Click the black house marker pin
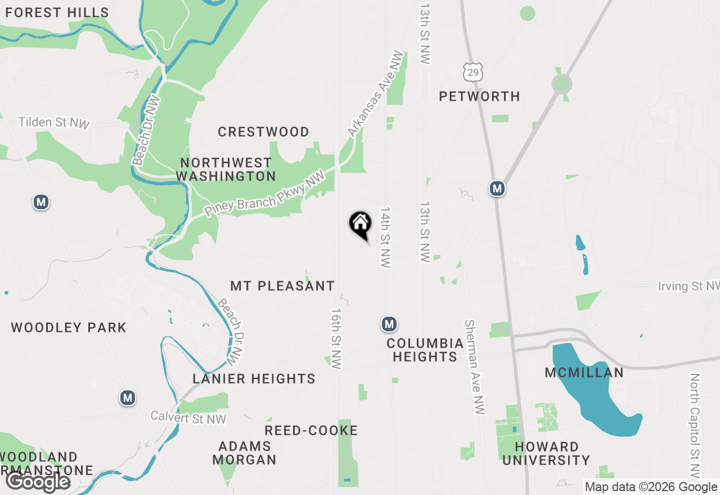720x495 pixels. [361, 224]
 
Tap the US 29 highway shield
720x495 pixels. [473, 71]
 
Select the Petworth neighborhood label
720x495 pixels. [479, 97]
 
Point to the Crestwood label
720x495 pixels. [263, 132]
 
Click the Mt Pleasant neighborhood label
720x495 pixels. [282, 286]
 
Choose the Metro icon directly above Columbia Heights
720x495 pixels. [389, 324]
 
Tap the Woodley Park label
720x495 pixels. [69, 328]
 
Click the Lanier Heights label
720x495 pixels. [254, 379]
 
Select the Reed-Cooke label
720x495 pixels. [311, 431]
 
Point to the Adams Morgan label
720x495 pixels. [245, 453]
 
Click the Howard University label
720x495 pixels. [546, 453]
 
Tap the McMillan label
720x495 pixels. [584, 373]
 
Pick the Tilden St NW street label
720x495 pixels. [54, 123]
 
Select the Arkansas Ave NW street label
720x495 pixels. [376, 93]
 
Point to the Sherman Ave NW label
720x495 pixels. [474, 367]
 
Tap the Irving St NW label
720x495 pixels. [688, 286]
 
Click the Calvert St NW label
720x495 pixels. [188, 418]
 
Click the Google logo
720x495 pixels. [38, 482]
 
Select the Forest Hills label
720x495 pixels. [57, 12]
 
